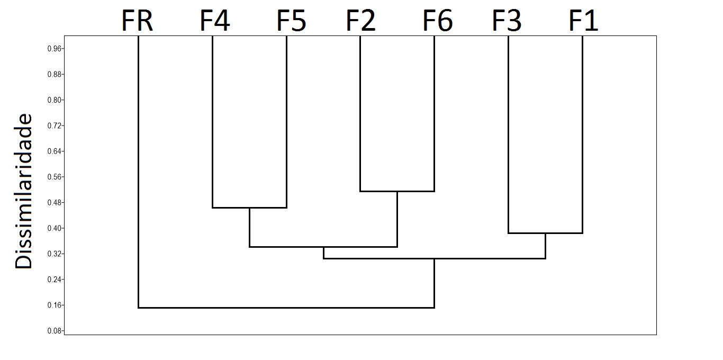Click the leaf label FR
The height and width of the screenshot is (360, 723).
138,22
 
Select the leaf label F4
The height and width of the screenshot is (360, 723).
214,22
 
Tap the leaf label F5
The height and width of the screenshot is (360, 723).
291,22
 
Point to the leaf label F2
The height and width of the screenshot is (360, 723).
361,22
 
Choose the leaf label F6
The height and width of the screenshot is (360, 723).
438,22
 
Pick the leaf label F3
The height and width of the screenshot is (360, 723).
507,22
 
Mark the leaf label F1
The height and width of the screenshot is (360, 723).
583,22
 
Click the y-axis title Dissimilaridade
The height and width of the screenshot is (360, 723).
24,191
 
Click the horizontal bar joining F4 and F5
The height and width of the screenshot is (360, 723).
249,208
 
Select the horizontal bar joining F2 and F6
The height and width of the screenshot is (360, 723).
397,191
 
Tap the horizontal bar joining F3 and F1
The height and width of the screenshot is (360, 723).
545,233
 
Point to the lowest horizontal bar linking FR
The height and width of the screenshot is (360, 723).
286,308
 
